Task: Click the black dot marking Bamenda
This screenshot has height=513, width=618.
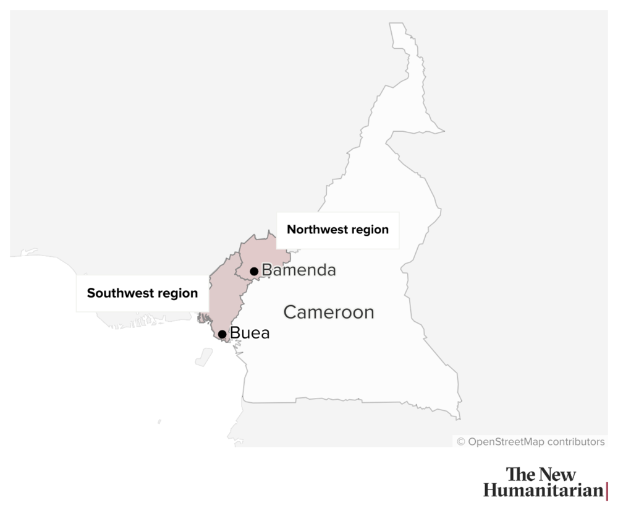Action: [254, 271]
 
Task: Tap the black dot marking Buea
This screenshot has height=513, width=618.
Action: [222, 334]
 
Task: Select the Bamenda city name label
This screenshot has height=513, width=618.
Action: [299, 270]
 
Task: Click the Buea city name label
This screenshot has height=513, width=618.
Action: [250, 334]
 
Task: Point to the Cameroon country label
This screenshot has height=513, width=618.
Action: [329, 312]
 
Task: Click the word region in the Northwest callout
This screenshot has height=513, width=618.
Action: [370, 230]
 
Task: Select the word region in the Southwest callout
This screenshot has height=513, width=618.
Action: [177, 293]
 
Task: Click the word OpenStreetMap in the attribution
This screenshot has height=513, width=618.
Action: [506, 442]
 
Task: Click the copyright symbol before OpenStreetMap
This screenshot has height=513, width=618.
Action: [461, 442]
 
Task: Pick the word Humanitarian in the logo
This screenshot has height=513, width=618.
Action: [542, 491]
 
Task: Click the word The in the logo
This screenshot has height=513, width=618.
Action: [520, 475]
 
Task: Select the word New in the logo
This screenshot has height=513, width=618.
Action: [557, 475]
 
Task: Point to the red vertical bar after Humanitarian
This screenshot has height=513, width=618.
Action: [607, 491]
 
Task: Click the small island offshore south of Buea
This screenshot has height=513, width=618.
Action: [203, 357]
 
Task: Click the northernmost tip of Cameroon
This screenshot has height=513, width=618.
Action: [397, 25]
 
